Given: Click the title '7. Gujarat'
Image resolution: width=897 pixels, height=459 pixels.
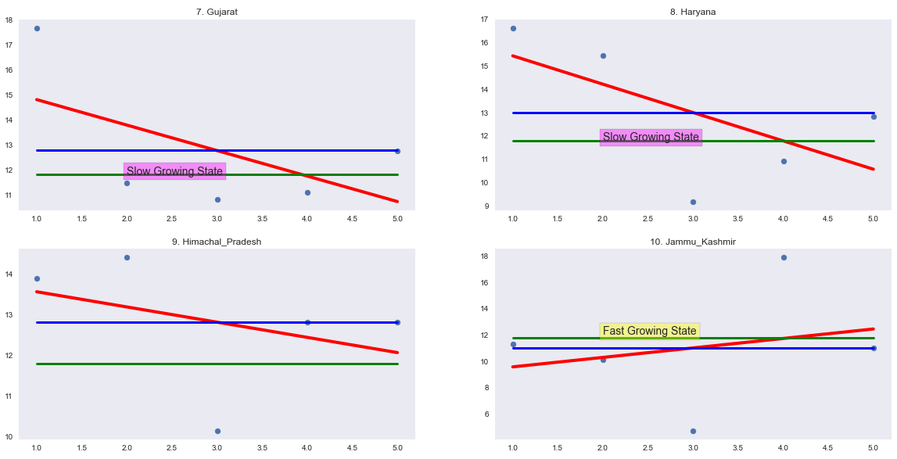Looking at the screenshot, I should (217, 12).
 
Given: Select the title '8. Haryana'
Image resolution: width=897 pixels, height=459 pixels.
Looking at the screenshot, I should (693, 12).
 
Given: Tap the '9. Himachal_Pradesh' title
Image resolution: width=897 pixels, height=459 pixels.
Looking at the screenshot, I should (217, 242).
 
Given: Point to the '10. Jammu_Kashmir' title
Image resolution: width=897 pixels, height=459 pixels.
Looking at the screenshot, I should (693, 242).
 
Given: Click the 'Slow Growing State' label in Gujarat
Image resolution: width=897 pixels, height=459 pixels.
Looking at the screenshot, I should (174, 171).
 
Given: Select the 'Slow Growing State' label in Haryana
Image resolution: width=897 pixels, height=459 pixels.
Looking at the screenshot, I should (651, 138).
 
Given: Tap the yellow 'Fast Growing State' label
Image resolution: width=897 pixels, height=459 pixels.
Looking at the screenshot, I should (649, 331).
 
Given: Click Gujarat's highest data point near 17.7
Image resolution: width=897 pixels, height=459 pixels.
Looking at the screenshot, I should (37, 28).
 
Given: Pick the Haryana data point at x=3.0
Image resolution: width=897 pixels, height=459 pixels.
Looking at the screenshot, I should (693, 202).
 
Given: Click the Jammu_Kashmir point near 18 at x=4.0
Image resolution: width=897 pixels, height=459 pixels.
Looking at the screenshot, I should (784, 257).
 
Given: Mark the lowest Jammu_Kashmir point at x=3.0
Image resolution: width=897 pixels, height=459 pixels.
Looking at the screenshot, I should (693, 431).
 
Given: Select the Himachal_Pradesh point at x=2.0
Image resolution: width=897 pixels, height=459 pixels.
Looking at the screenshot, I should (127, 257).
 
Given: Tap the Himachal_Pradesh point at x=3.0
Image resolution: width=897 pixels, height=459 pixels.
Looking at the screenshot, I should (217, 431).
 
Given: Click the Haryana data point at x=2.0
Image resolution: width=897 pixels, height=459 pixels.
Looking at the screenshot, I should (603, 56).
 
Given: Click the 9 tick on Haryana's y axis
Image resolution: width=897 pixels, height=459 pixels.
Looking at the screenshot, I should (485, 206).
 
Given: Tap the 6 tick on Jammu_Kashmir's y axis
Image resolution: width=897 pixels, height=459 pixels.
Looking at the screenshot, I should (485, 414).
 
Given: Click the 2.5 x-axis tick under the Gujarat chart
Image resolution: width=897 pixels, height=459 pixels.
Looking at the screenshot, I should (172, 219).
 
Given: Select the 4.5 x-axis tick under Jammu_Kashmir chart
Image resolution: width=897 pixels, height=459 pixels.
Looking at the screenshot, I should (828, 448).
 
